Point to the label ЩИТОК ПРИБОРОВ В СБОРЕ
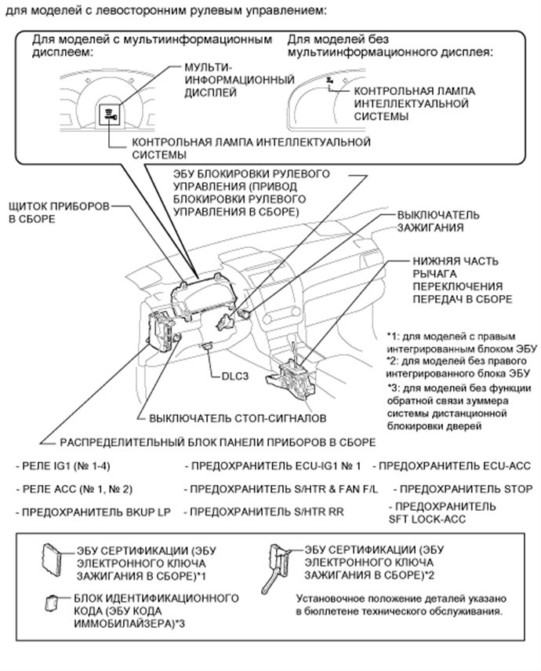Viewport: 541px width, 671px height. (x=55, y=213)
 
